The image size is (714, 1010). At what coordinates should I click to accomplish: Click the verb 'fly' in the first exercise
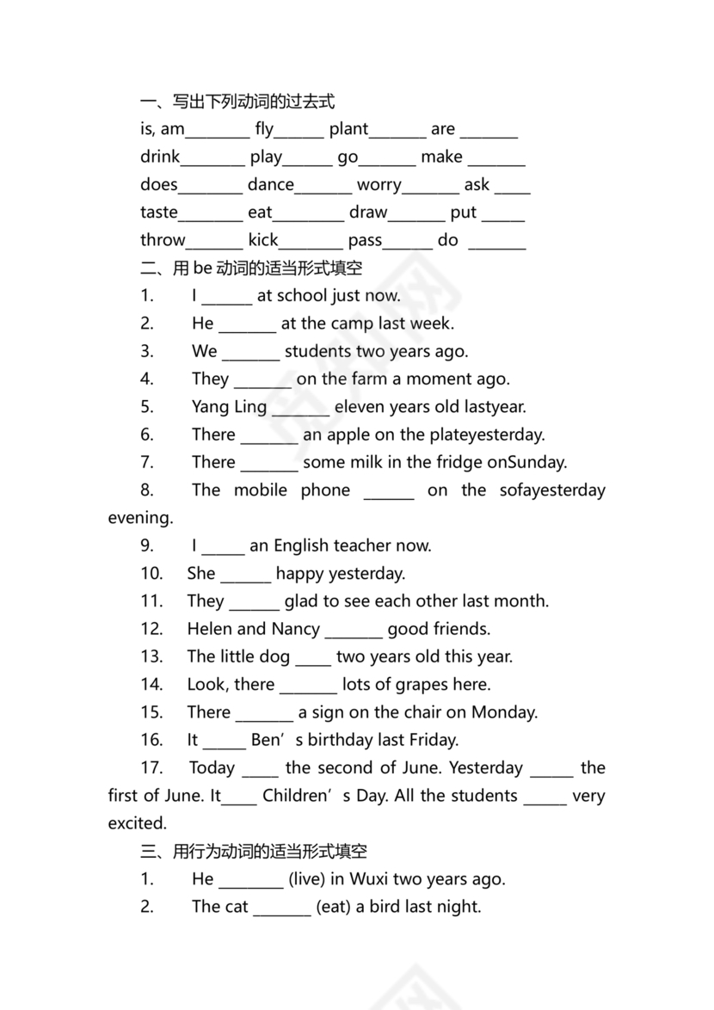pos(264,129)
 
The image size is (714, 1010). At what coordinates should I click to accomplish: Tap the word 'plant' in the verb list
pos(348,129)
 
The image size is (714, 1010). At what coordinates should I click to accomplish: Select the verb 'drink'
pos(160,157)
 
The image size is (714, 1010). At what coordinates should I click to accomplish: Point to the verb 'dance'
pos(270,184)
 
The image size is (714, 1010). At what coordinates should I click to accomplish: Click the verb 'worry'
pos(379,185)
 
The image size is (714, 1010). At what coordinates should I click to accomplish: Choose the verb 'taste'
pos(159,212)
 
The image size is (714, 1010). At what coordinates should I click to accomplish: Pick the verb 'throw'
pos(163,240)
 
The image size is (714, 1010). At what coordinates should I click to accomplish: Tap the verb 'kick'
pos(263,240)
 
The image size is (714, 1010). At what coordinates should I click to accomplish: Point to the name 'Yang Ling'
pos(229,407)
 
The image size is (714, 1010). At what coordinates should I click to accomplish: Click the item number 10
pos(151,573)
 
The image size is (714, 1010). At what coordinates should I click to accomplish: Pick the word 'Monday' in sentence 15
pos(503,712)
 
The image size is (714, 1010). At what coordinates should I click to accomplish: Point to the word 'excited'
pos(137,823)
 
